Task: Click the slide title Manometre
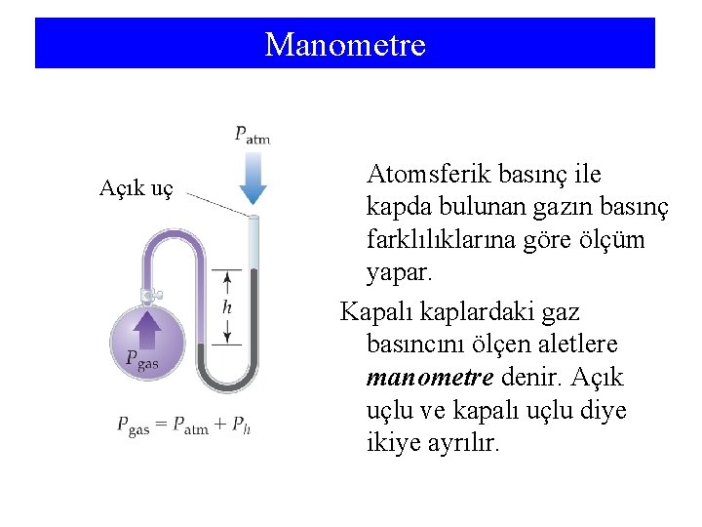coord(345,45)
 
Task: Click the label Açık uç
coord(136,188)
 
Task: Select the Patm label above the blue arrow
coord(252,135)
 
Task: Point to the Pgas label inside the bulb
coord(141,360)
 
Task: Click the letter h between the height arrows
coord(227,306)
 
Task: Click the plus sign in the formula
coord(222,425)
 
